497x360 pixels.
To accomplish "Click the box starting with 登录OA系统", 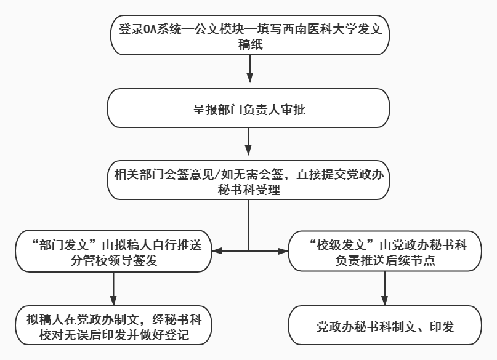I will pos(249,36).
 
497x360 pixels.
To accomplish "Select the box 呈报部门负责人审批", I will pos(249,110).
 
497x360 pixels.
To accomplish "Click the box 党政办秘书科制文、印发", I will pos(384,326).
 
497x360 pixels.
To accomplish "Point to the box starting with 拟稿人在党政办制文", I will pos(114,326).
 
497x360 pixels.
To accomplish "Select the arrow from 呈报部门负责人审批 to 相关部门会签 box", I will pos(249,143).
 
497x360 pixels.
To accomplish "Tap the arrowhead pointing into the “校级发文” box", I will pos(283,251).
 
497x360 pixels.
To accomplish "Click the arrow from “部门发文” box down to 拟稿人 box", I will pos(114,288).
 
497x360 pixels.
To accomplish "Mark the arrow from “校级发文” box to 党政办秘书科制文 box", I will pos(384,288).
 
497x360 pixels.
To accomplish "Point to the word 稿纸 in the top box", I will pos(249,44).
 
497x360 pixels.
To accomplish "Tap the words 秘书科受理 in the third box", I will pos(249,190).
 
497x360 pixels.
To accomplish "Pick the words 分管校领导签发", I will pos(114,260).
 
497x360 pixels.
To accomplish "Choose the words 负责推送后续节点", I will pos(384,260).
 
